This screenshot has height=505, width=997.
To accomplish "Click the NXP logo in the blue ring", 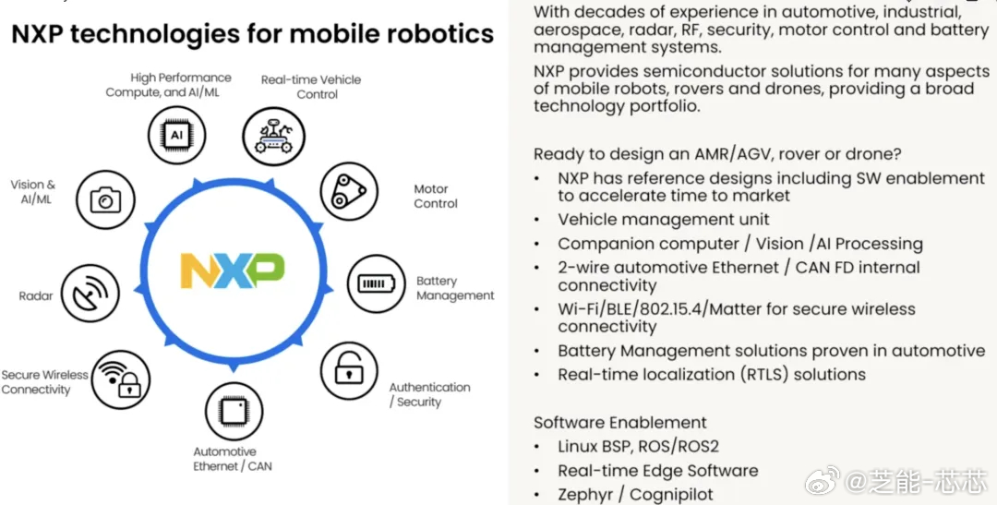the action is click(233, 271).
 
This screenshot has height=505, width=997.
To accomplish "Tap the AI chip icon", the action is click(176, 136).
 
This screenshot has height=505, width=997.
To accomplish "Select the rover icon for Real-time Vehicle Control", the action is click(273, 136).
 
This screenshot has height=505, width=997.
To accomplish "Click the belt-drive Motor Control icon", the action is click(349, 191).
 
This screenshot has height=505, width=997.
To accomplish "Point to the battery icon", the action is click(376, 283).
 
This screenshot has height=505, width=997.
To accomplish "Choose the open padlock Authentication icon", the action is click(349, 371).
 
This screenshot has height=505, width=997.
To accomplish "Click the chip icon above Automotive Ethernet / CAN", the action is click(234, 411).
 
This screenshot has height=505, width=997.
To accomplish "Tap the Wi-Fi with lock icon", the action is click(121, 379).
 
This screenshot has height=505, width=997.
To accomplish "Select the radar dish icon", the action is click(90, 294).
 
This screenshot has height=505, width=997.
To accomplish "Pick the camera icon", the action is click(105, 199).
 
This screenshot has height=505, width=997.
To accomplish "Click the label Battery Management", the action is click(455, 288).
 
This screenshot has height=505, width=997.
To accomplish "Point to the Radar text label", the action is click(36, 295).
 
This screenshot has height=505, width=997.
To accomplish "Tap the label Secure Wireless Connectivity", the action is click(44, 382).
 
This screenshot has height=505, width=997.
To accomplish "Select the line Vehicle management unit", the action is click(663, 220).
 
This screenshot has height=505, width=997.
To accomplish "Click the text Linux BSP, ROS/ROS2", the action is click(639, 447).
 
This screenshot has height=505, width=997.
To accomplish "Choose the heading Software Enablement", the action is click(620, 422).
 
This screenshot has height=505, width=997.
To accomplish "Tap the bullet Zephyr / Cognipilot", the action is click(635, 494).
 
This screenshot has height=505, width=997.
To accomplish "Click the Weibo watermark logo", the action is click(823, 481).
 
